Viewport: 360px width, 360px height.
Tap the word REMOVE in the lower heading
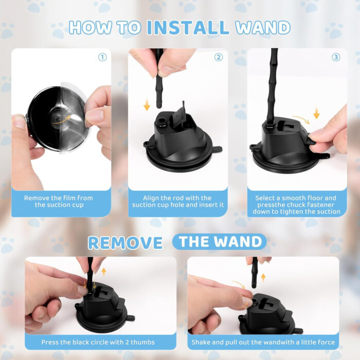point(125,242)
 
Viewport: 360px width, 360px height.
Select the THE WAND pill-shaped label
point(219,242)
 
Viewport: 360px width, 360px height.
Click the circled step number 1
point(102,57)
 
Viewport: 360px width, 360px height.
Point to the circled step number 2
point(219,57)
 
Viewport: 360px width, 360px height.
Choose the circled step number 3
point(336,57)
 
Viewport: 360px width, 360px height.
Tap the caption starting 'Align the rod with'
point(178,201)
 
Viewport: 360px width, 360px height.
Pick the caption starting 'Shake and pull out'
point(263,342)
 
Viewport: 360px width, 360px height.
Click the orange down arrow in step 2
point(147,106)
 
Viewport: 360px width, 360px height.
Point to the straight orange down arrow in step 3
point(316,113)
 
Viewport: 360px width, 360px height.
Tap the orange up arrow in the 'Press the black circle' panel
point(103,271)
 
